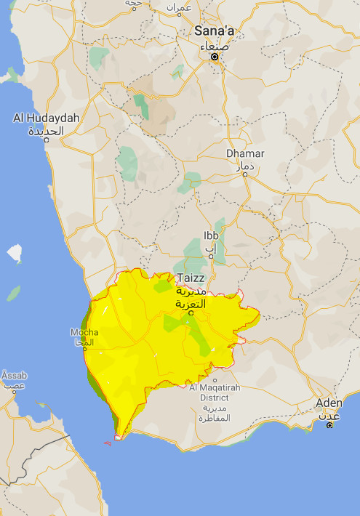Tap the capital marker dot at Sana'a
coord(215,56)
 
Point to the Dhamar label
coord(245,154)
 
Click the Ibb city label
coord(211,236)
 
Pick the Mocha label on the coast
coord(84,332)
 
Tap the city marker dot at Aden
coord(329,424)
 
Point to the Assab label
coord(13,375)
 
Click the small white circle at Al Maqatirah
coord(215,379)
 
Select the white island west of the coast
coord(15,254)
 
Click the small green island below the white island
coord(13,293)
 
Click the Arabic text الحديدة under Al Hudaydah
coord(46,131)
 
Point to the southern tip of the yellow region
coord(118,438)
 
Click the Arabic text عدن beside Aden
coord(329,415)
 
